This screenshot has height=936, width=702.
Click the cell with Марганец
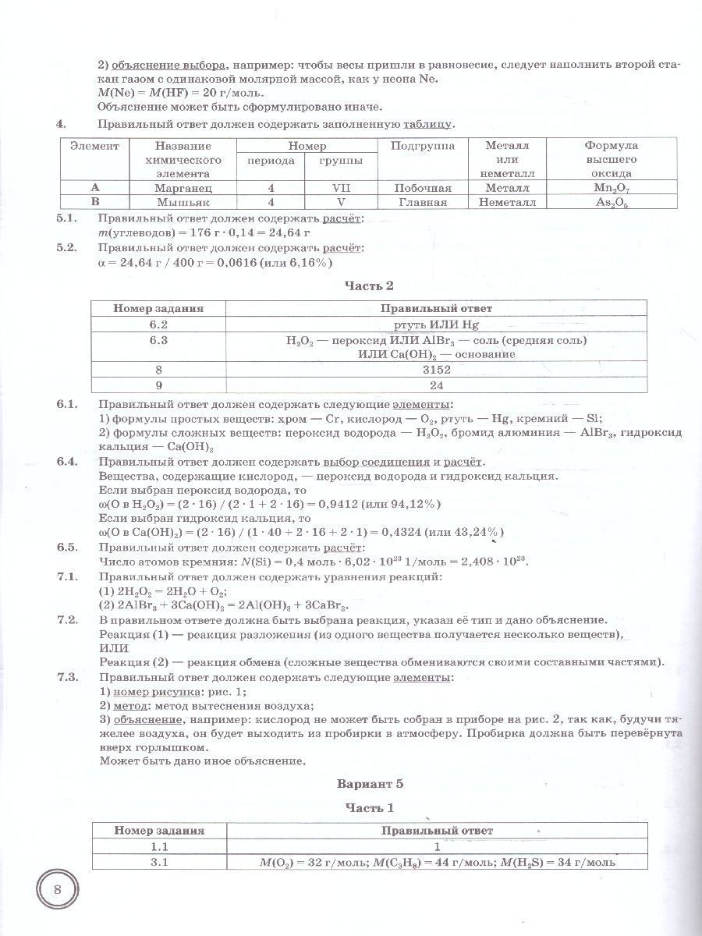coord(183,188)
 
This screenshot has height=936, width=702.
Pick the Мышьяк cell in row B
coord(183,201)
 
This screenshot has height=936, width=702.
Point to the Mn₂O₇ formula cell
coord(611,188)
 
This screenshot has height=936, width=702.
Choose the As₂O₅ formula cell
coord(611,201)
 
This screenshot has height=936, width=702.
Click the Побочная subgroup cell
coord(423,188)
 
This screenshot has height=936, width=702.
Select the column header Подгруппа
coord(423,146)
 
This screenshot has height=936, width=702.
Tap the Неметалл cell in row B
coord(506,201)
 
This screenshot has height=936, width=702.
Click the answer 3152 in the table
coord(437,369)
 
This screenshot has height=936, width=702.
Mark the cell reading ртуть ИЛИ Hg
coord(437,324)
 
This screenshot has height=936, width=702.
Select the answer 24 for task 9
coord(437,385)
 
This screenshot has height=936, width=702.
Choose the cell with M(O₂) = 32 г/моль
coord(437,862)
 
